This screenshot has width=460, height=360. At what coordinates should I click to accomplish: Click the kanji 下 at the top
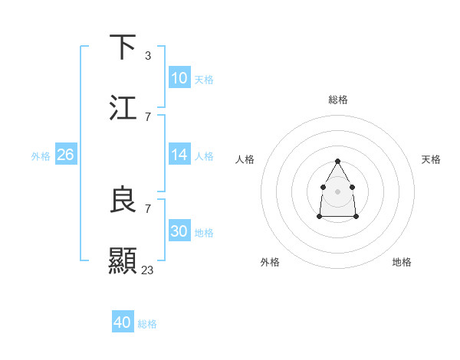(x=123, y=47)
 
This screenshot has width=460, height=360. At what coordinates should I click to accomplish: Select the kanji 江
(x=123, y=108)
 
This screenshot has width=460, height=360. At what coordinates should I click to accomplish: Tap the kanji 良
(x=123, y=200)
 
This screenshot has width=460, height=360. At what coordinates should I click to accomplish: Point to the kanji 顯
(x=123, y=261)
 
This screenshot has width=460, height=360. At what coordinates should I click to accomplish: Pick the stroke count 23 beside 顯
(x=148, y=270)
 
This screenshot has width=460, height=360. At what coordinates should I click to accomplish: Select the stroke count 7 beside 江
(x=148, y=116)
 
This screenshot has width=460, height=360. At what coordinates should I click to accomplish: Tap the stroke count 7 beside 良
(x=148, y=208)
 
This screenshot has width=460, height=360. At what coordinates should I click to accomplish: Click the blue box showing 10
(x=179, y=78)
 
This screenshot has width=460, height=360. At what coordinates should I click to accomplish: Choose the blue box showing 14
(x=179, y=155)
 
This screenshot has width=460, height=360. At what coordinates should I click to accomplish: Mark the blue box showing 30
(x=179, y=231)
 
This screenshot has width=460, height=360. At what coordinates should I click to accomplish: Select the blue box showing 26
(x=65, y=155)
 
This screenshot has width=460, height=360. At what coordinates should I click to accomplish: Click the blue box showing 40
(x=123, y=322)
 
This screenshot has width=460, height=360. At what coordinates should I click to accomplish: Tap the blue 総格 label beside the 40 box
(x=147, y=324)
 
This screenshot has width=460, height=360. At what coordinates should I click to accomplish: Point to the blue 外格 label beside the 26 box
(x=41, y=156)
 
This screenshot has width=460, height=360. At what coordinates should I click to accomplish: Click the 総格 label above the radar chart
(x=338, y=100)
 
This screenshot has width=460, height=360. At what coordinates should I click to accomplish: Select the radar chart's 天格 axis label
(x=431, y=159)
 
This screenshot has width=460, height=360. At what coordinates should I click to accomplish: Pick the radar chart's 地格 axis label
(x=402, y=262)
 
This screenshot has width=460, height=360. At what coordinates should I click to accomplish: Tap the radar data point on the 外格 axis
(x=319, y=217)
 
